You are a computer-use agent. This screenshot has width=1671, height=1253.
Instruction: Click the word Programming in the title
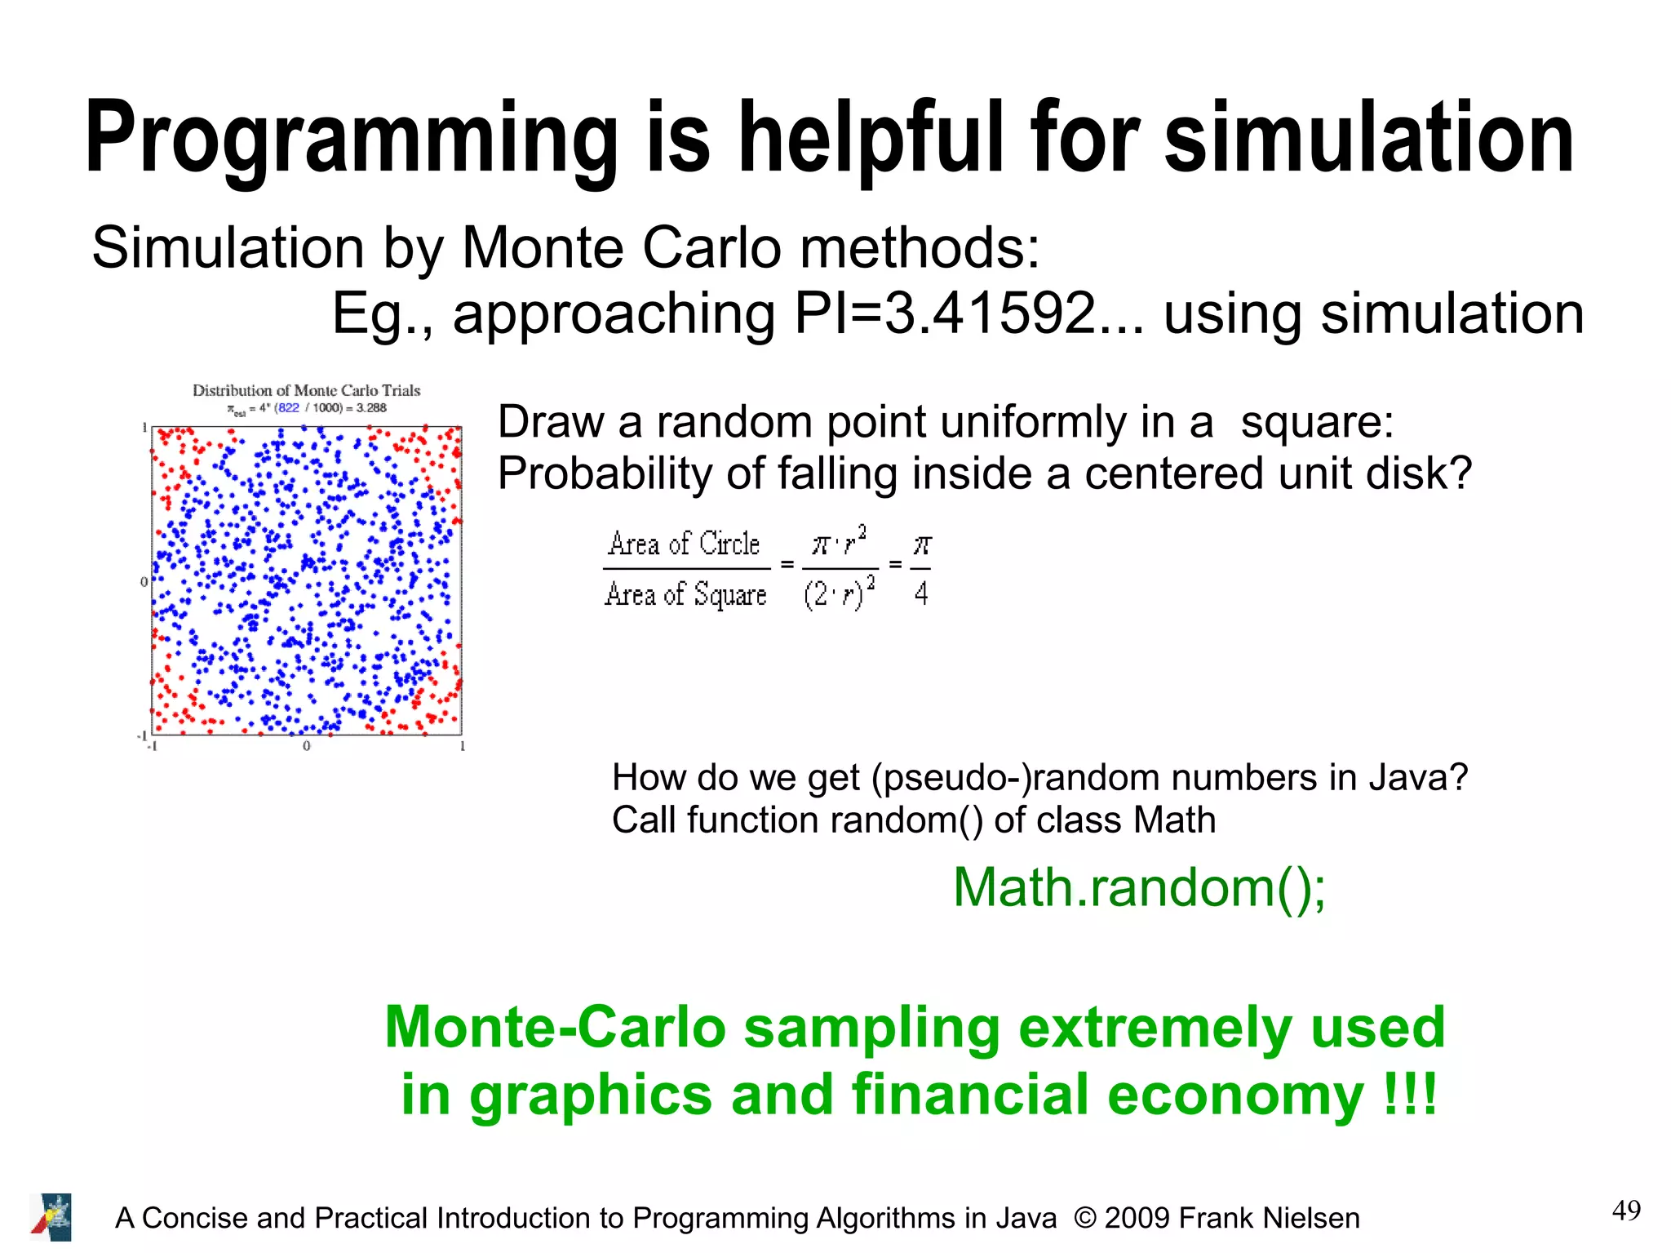(351, 139)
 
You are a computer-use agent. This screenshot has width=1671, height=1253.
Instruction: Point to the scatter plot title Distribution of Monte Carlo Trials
(306, 390)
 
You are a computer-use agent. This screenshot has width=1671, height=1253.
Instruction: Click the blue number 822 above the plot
(287, 407)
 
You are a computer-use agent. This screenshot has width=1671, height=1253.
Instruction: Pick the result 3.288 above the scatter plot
(371, 407)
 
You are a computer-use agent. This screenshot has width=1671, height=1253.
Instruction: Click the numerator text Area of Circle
(684, 544)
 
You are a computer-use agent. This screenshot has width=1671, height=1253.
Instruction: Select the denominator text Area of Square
(685, 594)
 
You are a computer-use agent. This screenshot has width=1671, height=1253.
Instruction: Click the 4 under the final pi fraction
(921, 593)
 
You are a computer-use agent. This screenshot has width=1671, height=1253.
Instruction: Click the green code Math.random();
(1139, 887)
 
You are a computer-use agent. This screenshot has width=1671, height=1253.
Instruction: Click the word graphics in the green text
(591, 1095)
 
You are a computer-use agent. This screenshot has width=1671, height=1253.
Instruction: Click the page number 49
(1626, 1211)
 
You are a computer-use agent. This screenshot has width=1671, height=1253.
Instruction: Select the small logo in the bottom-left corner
(51, 1217)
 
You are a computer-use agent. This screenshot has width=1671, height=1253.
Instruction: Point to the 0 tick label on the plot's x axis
(307, 746)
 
